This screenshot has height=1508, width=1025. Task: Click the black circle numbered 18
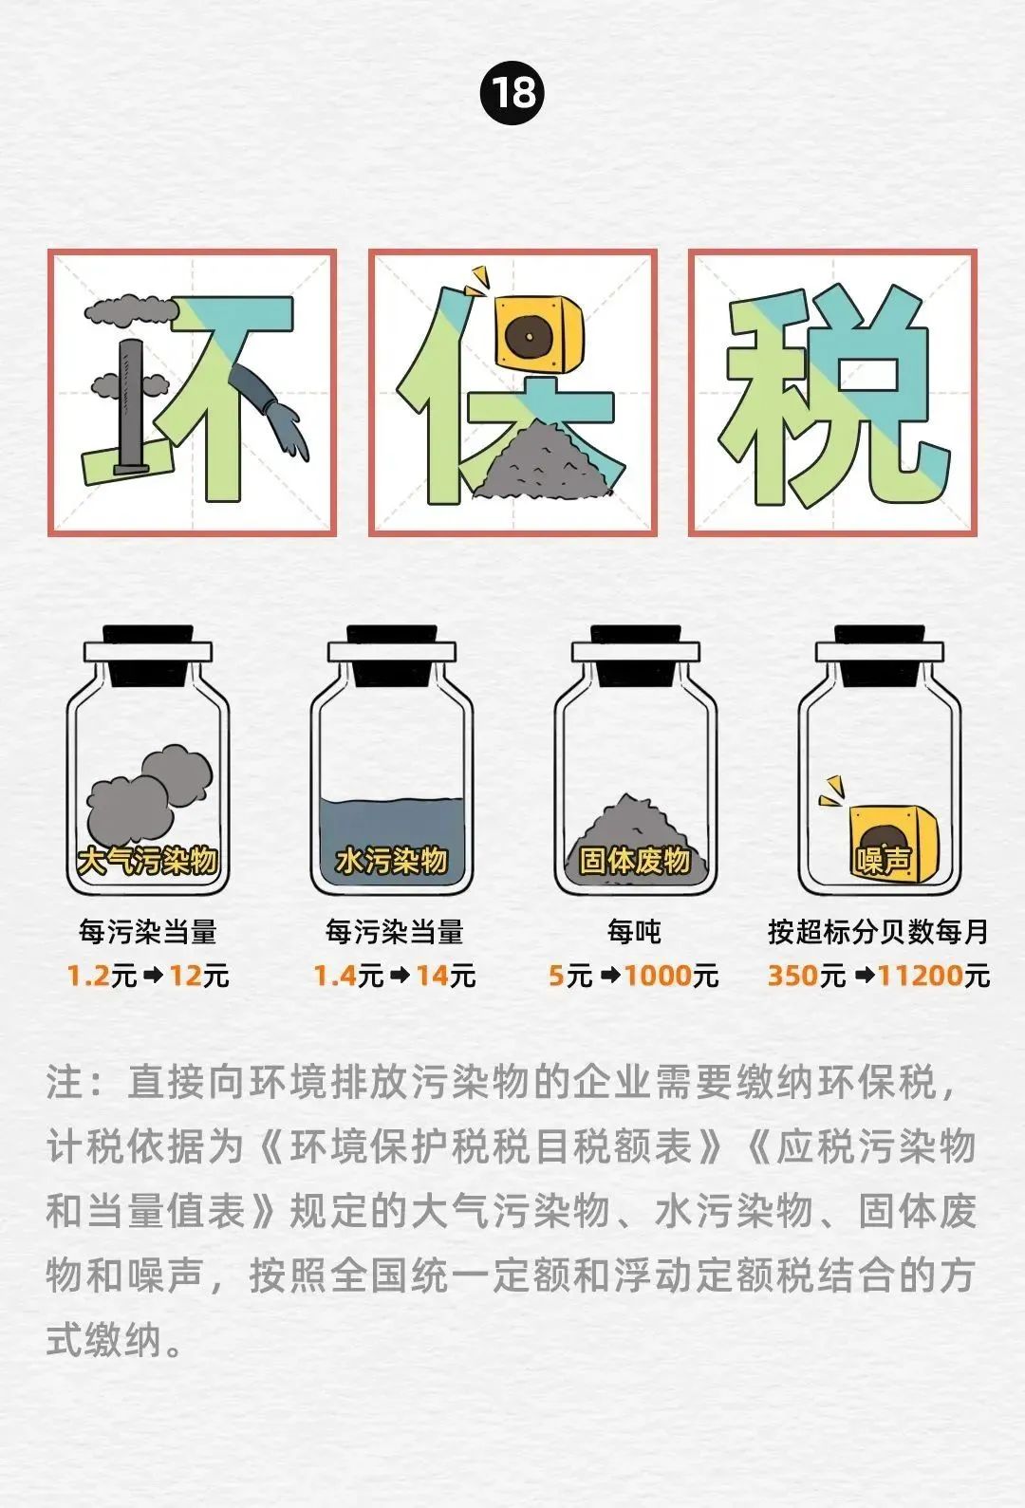(x=512, y=93)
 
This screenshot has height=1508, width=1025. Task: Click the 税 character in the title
(x=833, y=393)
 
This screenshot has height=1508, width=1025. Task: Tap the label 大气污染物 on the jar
(x=147, y=861)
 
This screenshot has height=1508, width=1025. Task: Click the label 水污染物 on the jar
(x=391, y=861)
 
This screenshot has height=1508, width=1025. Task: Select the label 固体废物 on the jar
(x=635, y=861)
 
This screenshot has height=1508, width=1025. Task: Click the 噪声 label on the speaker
(x=884, y=860)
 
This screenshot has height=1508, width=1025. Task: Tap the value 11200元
(x=934, y=976)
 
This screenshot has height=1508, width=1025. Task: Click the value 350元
(x=806, y=976)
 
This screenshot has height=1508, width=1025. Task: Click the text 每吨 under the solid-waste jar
(x=634, y=932)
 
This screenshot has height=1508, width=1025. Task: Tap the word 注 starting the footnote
(x=65, y=1083)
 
